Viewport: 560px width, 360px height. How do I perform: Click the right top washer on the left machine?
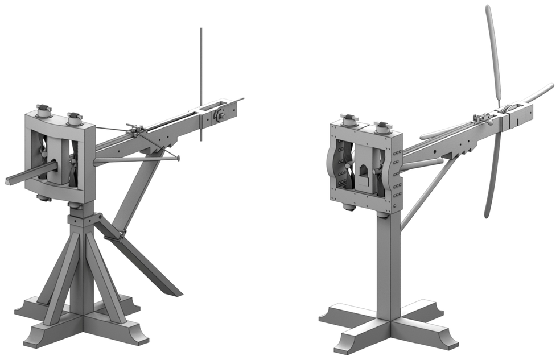click(75, 118)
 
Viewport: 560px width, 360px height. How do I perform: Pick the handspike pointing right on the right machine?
click(538, 93)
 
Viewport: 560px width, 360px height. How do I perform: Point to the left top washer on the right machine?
click(349, 121)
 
